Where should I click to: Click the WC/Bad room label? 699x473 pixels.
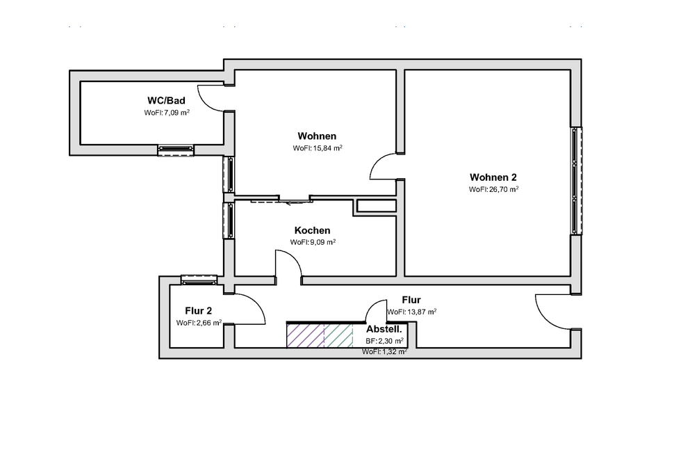click(x=166, y=101)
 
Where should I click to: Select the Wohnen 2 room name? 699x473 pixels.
click(x=493, y=177)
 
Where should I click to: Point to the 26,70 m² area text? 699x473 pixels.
click(x=493, y=189)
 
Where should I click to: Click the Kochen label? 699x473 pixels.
click(x=312, y=230)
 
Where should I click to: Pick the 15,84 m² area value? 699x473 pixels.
click(x=318, y=147)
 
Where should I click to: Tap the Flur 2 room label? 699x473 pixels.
click(x=198, y=311)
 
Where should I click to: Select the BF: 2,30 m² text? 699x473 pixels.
click(x=385, y=342)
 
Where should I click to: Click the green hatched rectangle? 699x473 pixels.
click(x=340, y=335)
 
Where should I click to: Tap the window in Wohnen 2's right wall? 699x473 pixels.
click(x=575, y=181)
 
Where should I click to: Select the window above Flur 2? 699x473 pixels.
click(x=199, y=280)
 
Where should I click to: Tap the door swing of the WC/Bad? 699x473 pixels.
click(x=211, y=97)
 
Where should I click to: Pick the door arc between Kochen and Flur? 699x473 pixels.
click(x=288, y=264)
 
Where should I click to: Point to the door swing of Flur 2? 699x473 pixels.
click(x=249, y=309)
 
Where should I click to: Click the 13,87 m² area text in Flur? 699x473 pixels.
click(x=411, y=312)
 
